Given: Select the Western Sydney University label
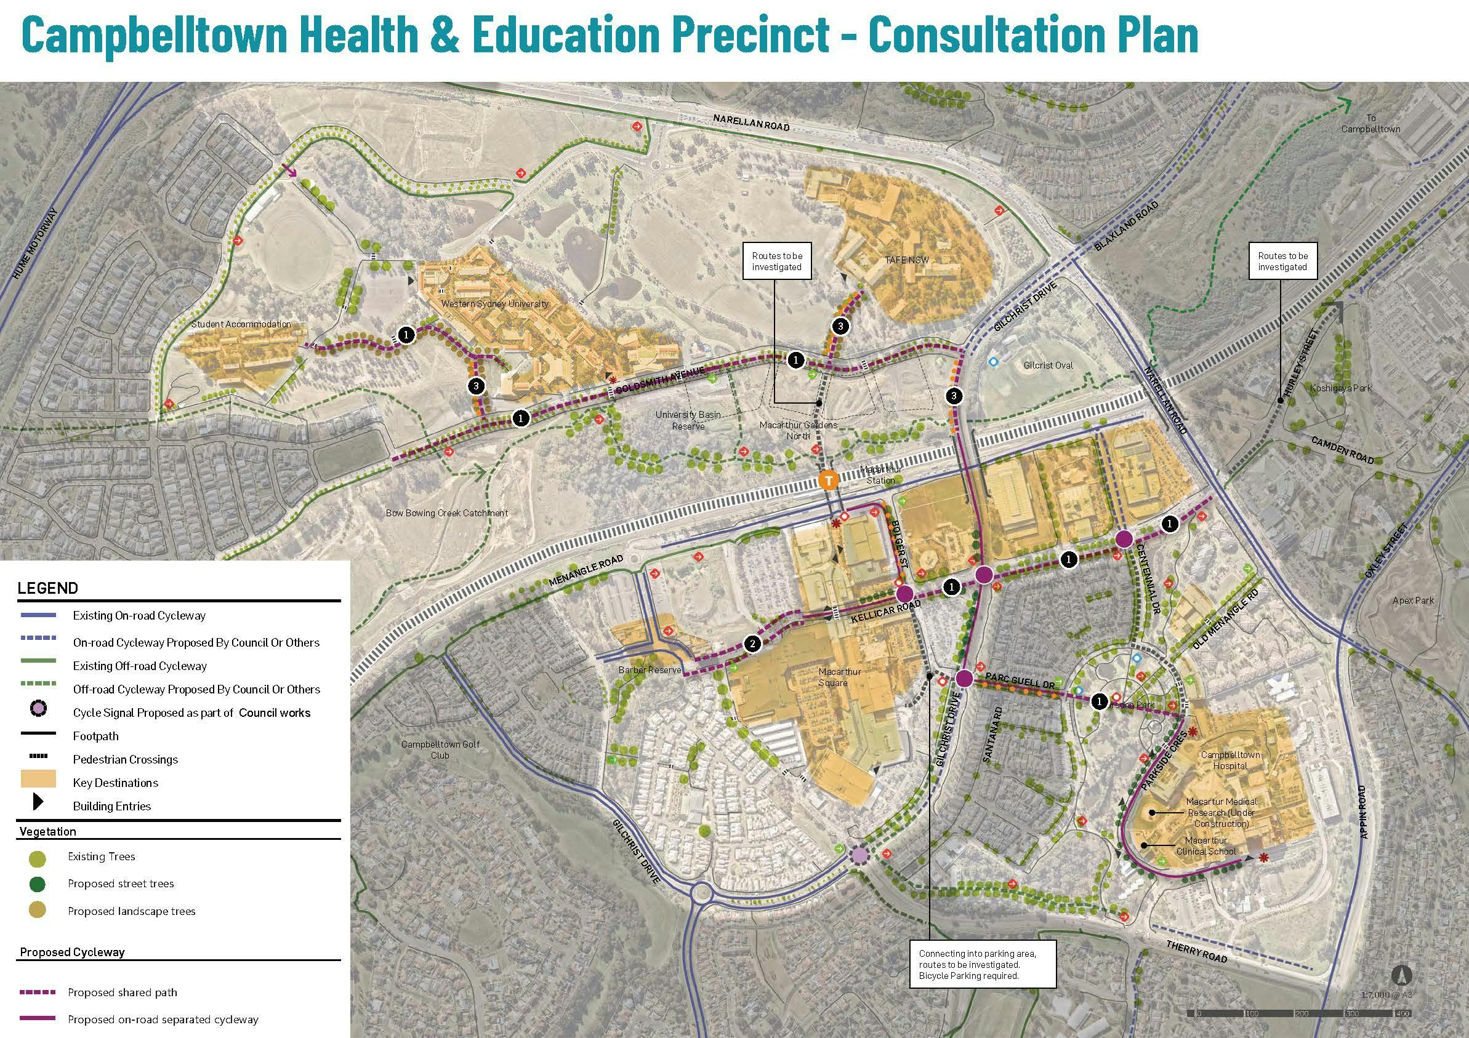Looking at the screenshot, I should [494, 304].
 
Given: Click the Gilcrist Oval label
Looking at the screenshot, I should [1047, 365].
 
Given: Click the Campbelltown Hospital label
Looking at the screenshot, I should [1230, 760].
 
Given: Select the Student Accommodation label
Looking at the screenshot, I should [241, 324].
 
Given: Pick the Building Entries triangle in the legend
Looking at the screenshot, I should [38, 805].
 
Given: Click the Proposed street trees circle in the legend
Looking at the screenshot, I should [38, 884].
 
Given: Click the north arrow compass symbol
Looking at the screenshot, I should [1401, 975].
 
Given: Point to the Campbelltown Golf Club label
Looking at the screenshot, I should [440, 749].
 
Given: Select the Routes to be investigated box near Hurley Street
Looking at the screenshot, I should [1282, 261].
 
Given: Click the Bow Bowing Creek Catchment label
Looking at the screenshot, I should [446, 513].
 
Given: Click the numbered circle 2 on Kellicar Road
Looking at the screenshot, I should [752, 644].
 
